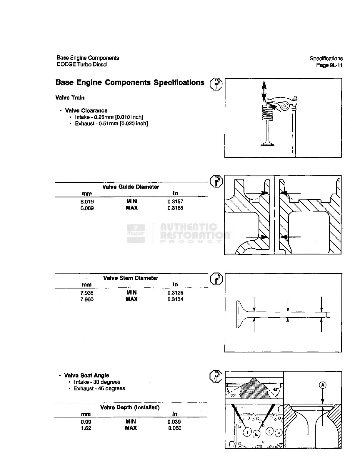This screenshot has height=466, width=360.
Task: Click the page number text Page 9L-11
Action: pos(329,65)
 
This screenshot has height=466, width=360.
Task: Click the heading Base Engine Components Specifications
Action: pos(130,83)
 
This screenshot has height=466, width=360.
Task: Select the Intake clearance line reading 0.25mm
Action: pos(109,117)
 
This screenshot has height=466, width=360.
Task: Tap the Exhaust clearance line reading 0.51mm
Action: pos(111,124)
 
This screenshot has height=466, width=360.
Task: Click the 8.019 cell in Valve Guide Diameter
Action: pos(87,202)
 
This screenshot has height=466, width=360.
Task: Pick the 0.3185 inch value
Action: pos(175,208)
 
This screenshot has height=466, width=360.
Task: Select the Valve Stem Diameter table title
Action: pos(131,278)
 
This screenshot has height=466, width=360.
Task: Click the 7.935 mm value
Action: pos(87,293)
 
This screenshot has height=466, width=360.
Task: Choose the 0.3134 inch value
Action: pos(175,299)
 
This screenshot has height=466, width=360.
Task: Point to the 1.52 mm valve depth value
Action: pos(86,428)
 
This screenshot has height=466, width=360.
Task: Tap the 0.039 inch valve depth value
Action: pos(174,422)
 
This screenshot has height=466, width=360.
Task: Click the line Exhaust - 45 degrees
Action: pos(99,388)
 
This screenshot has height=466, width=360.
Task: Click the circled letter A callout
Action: pos(323,385)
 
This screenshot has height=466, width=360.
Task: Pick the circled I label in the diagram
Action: pos(248,432)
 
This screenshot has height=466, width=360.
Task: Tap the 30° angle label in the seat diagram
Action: pos(233,395)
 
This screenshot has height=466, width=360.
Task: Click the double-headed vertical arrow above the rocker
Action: pos(264,91)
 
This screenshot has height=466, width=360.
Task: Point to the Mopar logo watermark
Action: pos(136,233)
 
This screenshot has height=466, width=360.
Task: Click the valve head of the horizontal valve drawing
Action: pos(240,314)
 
